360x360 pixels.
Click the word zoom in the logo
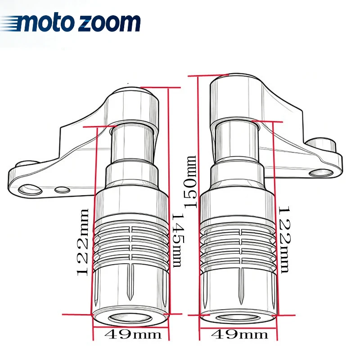(109, 23)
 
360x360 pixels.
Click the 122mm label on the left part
(82, 242)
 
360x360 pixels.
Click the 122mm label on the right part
(285, 240)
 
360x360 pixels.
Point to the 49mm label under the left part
(133, 334)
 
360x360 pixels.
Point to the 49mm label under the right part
(239, 334)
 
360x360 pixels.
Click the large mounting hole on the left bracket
(30, 189)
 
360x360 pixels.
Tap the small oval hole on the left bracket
(62, 189)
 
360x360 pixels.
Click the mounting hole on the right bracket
(321, 173)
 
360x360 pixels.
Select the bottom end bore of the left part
(130, 318)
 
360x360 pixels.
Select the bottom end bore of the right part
(238, 318)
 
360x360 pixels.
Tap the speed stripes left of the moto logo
(10, 23)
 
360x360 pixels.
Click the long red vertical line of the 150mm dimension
(198, 208)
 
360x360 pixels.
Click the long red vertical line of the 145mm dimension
(169, 213)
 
